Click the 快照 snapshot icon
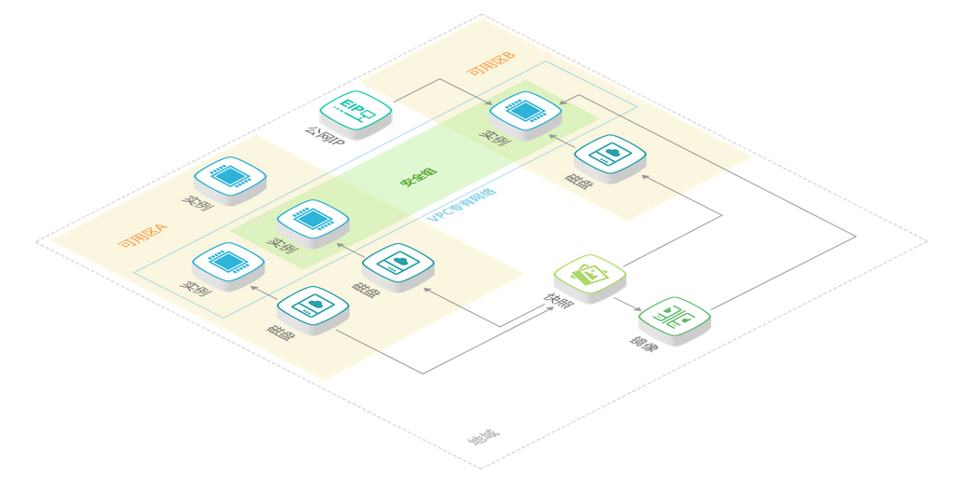tap(589, 275)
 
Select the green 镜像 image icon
tap(674, 317)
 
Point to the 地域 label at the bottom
tap(484, 437)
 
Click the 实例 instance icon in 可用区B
tap(526, 112)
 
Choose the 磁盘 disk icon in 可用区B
tap(610, 155)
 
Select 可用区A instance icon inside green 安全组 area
tap(313, 219)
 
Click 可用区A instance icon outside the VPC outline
tap(229, 176)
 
